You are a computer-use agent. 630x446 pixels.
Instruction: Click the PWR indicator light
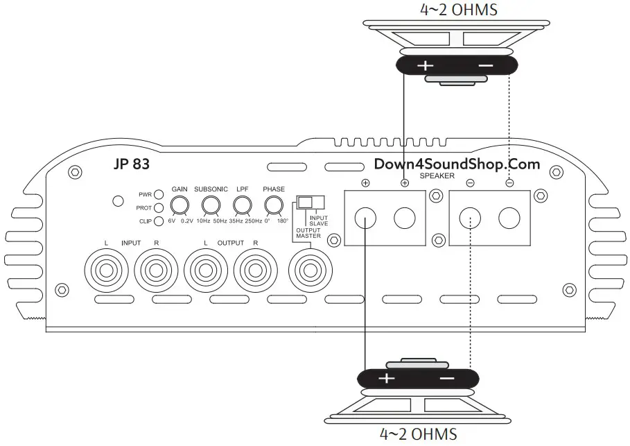tap(159, 194)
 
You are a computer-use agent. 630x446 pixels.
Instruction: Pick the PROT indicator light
tap(159, 207)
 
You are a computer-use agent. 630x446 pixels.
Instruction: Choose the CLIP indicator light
tap(159, 221)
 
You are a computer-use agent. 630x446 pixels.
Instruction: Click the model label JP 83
tap(130, 165)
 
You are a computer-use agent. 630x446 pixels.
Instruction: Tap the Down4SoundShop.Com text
tap(457, 164)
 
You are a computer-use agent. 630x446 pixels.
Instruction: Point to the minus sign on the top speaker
tap(486, 66)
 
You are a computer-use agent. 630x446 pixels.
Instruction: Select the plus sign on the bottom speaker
tap(385, 379)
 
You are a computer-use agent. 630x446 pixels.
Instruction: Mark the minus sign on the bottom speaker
tap(447, 379)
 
